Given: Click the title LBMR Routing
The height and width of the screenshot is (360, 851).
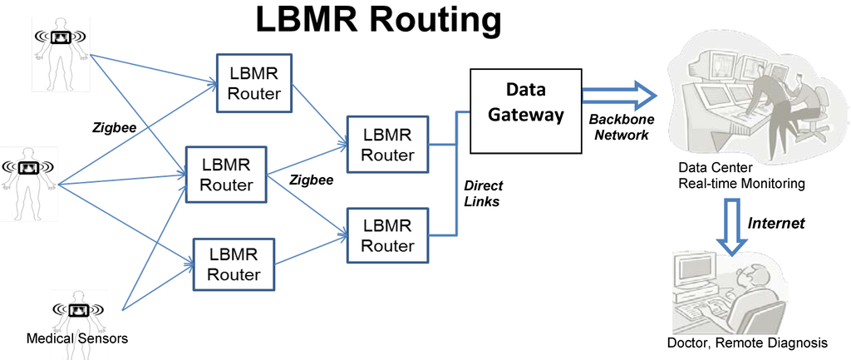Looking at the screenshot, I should click(x=378, y=20).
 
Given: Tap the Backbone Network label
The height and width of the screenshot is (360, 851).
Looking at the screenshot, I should click(x=621, y=127).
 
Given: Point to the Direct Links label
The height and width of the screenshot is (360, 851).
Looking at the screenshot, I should click(x=483, y=194).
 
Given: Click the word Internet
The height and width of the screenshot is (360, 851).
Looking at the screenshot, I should click(x=775, y=223).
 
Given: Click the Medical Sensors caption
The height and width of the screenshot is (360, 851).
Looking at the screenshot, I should click(x=77, y=338).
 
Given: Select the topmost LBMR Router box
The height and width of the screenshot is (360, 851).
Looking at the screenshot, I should click(x=254, y=83).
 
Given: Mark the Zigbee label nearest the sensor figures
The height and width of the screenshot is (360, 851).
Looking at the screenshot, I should click(x=114, y=128).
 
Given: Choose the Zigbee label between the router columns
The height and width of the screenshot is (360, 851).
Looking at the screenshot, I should click(x=312, y=180).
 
